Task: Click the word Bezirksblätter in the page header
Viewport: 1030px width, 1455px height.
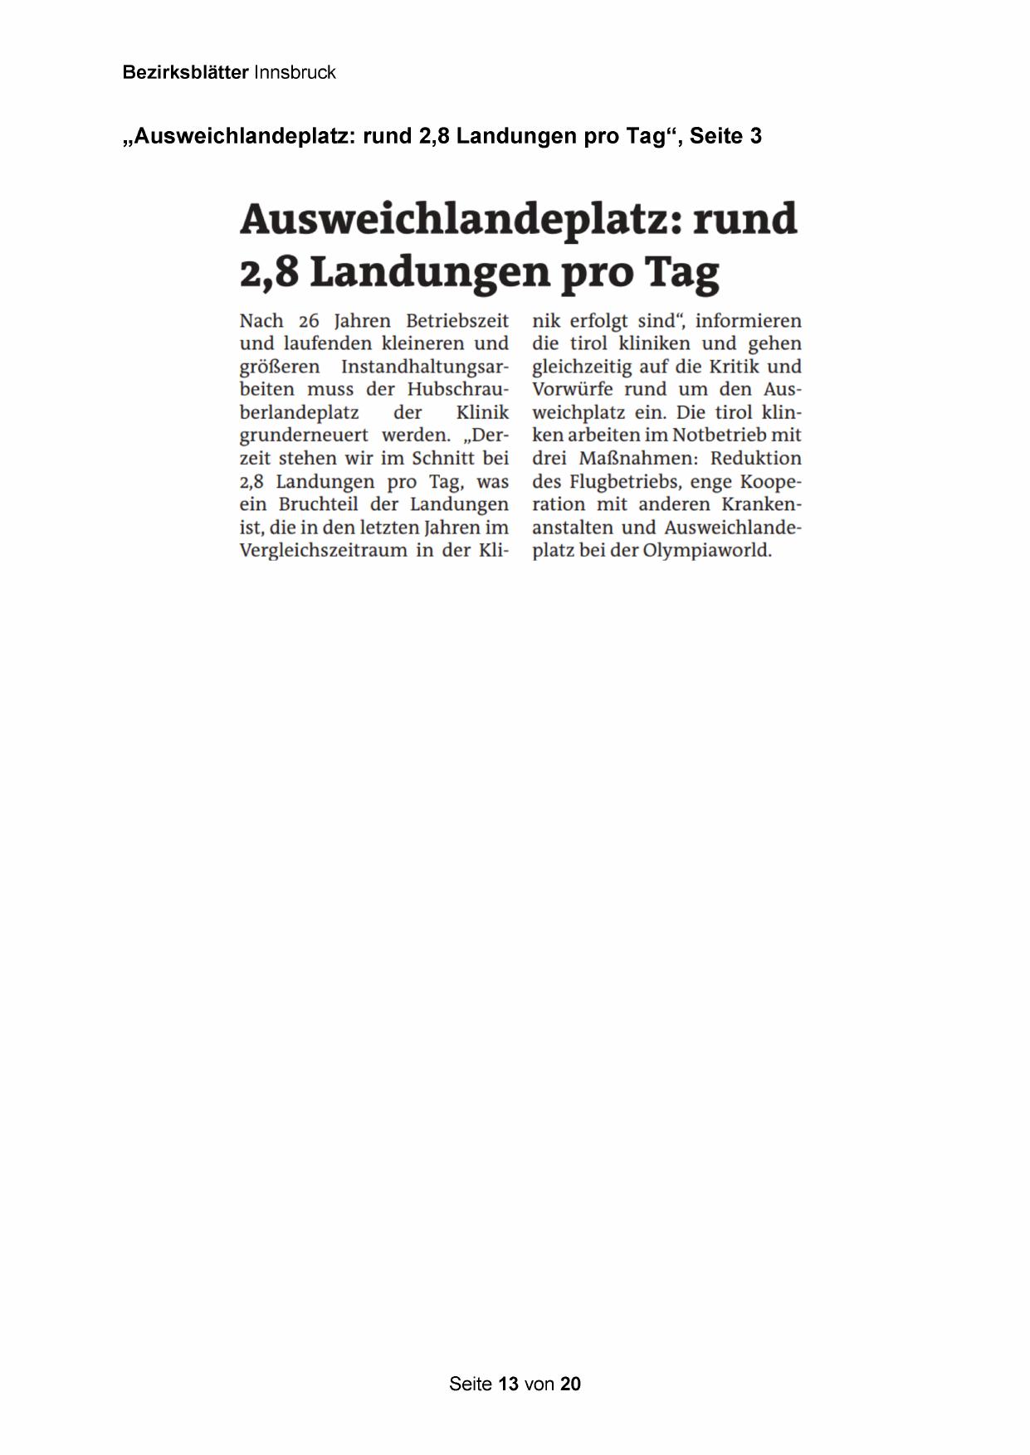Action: pos(185,72)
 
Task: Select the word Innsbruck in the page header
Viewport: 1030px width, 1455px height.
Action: pos(295,72)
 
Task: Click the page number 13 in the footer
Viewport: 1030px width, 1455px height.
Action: pos(509,1384)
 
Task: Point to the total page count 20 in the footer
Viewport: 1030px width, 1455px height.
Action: pos(570,1384)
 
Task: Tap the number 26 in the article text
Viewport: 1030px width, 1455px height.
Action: pos(308,321)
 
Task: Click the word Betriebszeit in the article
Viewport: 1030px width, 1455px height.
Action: pos(457,321)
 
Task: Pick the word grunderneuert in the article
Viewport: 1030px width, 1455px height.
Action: pos(304,436)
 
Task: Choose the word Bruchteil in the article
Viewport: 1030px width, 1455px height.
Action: pos(320,504)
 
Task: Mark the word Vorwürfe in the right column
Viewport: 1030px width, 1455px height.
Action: pos(573,390)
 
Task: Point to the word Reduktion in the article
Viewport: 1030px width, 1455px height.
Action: pos(756,459)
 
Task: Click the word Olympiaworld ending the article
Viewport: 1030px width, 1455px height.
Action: pos(707,551)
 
